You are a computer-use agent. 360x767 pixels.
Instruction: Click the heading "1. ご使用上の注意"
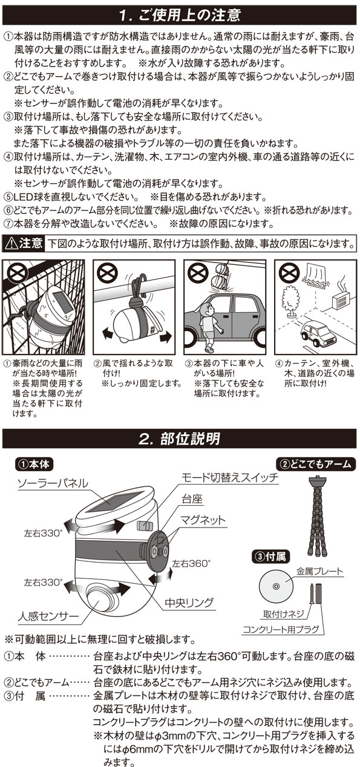click(180, 15)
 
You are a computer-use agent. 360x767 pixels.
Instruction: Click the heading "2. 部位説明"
click(180, 439)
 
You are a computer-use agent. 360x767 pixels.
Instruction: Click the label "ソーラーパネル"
click(53, 483)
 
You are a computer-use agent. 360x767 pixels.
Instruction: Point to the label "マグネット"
click(203, 520)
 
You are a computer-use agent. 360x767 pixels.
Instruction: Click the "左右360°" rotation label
click(191, 564)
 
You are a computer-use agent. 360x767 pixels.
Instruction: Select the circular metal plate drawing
click(276, 586)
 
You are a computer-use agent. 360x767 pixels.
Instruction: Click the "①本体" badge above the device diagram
click(34, 465)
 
